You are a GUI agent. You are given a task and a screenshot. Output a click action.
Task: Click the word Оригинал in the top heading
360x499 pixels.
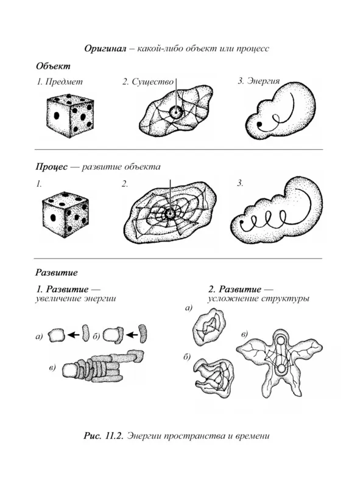coord(105,49)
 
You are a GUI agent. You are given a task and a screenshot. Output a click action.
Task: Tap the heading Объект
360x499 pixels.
coord(53,66)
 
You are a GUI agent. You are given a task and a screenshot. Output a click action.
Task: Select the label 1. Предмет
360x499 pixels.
coord(59,82)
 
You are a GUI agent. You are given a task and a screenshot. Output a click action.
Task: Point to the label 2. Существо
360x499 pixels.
coord(148,82)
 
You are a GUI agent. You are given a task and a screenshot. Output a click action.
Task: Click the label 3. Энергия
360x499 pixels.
coord(259,81)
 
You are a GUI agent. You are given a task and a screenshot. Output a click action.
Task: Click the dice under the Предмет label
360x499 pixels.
coord(71,116)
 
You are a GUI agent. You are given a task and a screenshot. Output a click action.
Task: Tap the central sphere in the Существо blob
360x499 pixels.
coord(175,113)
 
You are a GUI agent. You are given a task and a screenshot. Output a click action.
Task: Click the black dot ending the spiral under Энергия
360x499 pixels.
coord(260,124)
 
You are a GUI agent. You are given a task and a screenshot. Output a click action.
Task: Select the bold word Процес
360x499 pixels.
coord(52,167)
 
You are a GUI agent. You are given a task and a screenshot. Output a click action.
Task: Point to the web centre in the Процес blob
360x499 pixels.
coord(170,214)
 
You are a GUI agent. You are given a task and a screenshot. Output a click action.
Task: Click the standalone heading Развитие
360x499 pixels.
coord(57,273)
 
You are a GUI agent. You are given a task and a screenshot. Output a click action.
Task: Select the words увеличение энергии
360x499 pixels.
coord(76,299)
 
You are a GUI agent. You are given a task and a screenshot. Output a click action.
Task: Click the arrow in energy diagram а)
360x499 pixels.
coord(74,335)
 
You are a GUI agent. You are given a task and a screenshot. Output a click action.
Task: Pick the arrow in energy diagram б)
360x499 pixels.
coord(132,335)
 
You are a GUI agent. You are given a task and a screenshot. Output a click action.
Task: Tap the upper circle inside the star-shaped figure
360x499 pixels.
coord(281,341)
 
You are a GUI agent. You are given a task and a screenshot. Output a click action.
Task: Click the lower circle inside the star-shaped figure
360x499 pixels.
coord(281,369)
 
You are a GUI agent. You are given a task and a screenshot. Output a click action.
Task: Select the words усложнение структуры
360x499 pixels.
coord(259,299)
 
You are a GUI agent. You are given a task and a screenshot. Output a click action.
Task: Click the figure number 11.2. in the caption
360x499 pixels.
coord(114,436)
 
